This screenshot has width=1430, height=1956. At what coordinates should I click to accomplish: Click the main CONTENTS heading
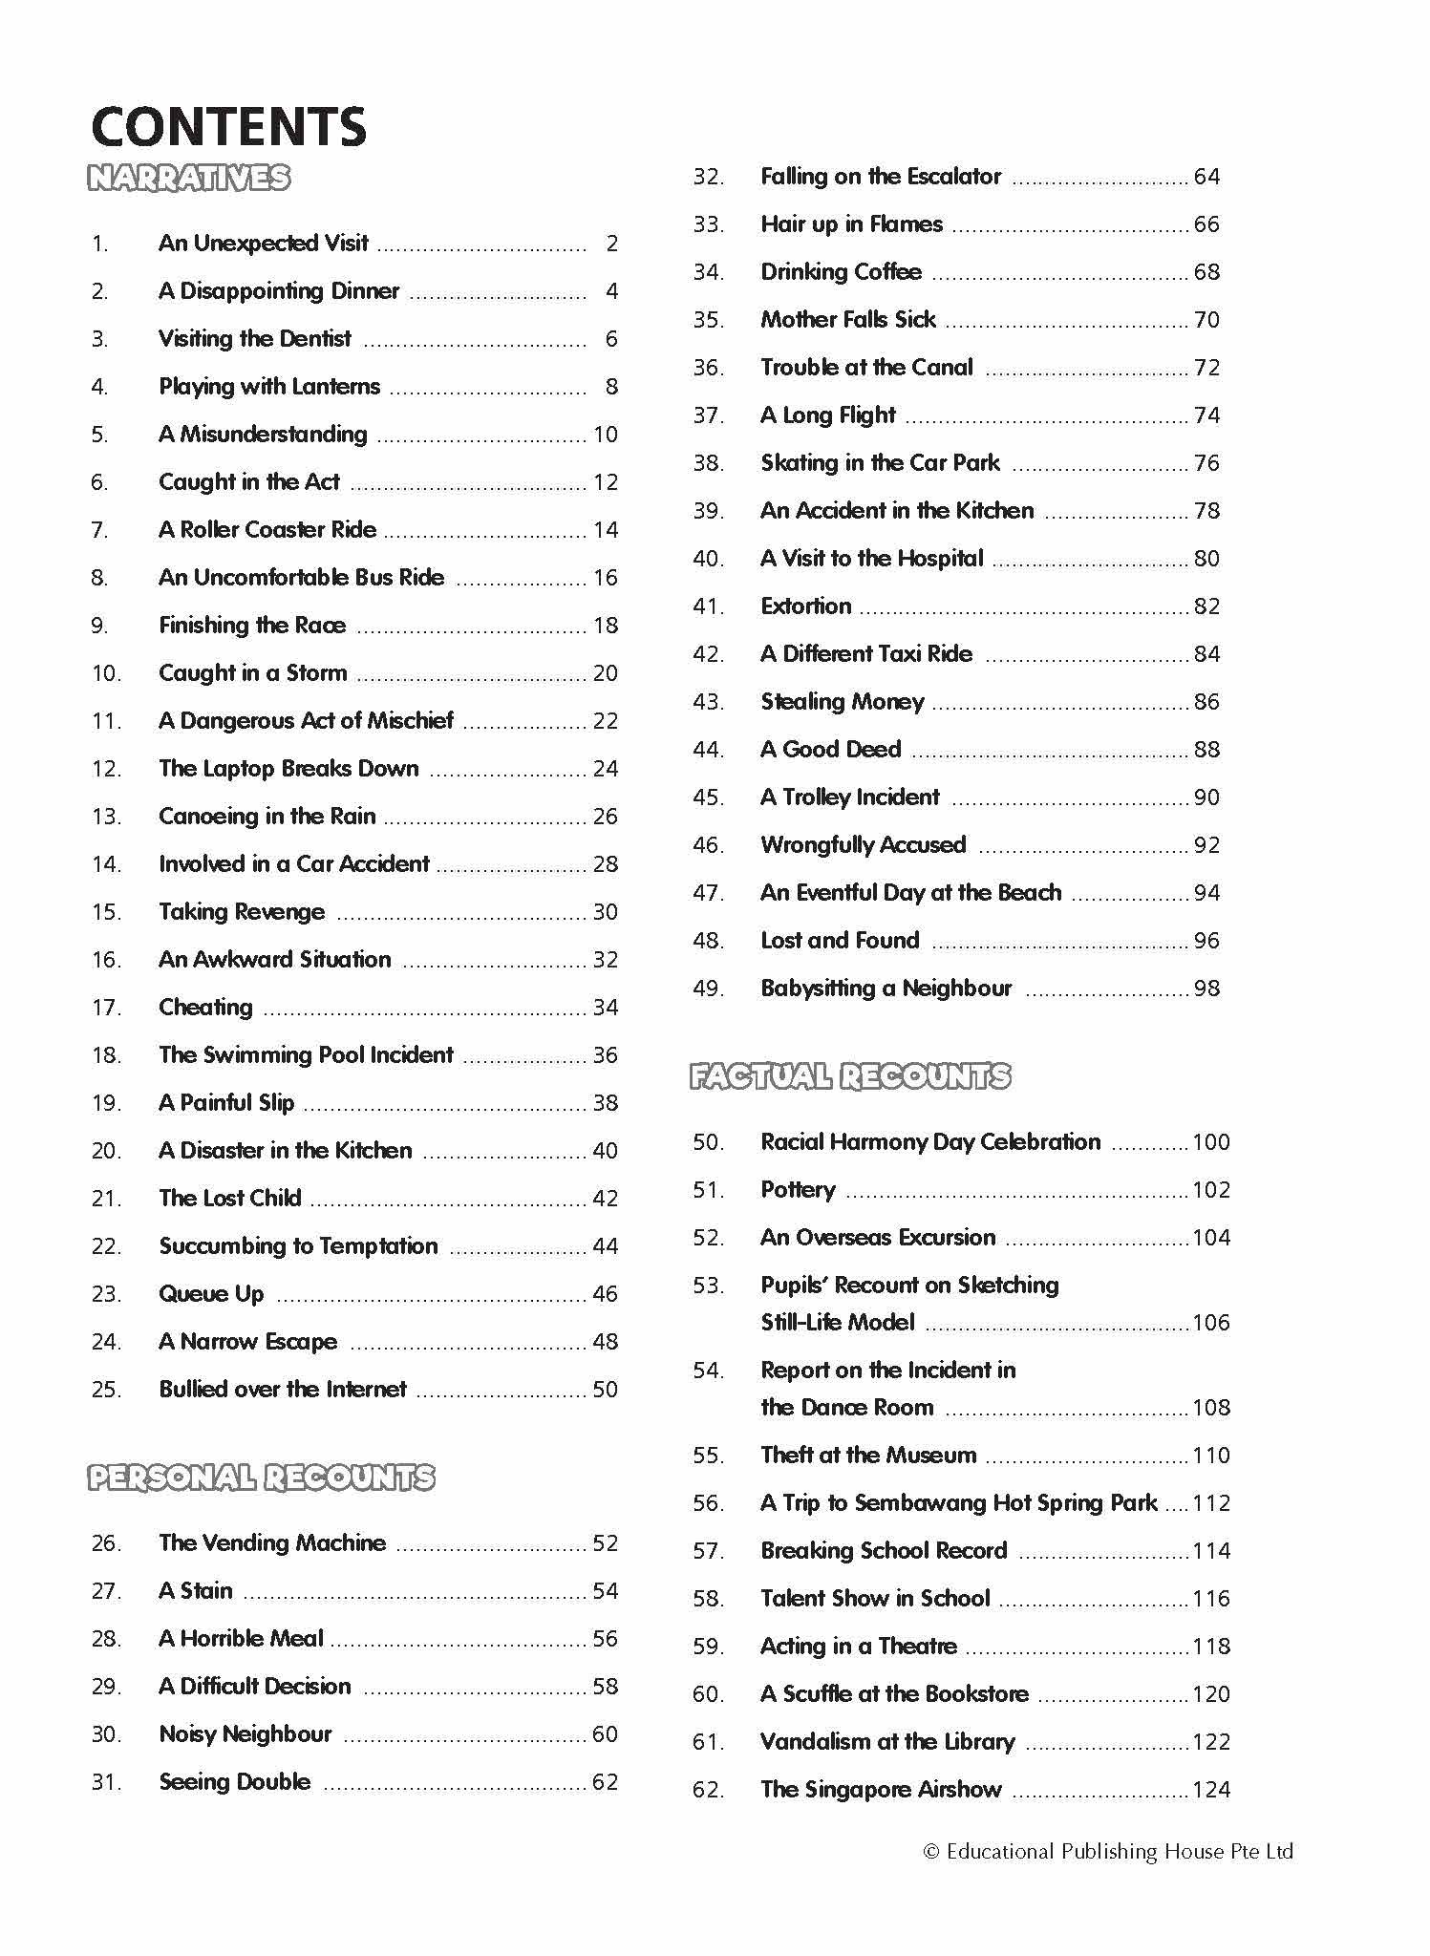228,126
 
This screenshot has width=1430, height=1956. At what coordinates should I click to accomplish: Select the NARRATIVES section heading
188,178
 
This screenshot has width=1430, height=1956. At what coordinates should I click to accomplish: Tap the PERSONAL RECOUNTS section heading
261,1478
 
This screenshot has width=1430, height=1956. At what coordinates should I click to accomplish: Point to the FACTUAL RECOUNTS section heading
850,1076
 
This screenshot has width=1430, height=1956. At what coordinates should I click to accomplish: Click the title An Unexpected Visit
264,244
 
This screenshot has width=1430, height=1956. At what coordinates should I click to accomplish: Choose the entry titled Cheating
205,1008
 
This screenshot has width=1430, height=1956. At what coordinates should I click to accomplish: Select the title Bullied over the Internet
283,1390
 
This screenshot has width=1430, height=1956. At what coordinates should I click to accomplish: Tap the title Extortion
805,606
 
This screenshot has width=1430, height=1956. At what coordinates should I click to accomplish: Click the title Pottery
798,1190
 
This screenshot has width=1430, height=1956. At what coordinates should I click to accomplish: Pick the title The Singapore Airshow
881,1790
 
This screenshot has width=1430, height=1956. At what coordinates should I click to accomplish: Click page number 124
1211,1790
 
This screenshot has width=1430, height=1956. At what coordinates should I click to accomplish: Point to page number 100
1211,1142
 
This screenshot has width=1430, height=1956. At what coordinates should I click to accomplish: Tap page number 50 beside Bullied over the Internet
606,1390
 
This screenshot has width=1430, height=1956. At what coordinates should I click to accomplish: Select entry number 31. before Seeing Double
106,1782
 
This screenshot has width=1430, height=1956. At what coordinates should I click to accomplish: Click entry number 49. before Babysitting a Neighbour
708,989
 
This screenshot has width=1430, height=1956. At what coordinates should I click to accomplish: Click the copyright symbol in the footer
931,1852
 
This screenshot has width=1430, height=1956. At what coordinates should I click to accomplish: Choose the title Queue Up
211,1294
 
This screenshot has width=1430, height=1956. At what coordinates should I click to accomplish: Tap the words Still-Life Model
838,1323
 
